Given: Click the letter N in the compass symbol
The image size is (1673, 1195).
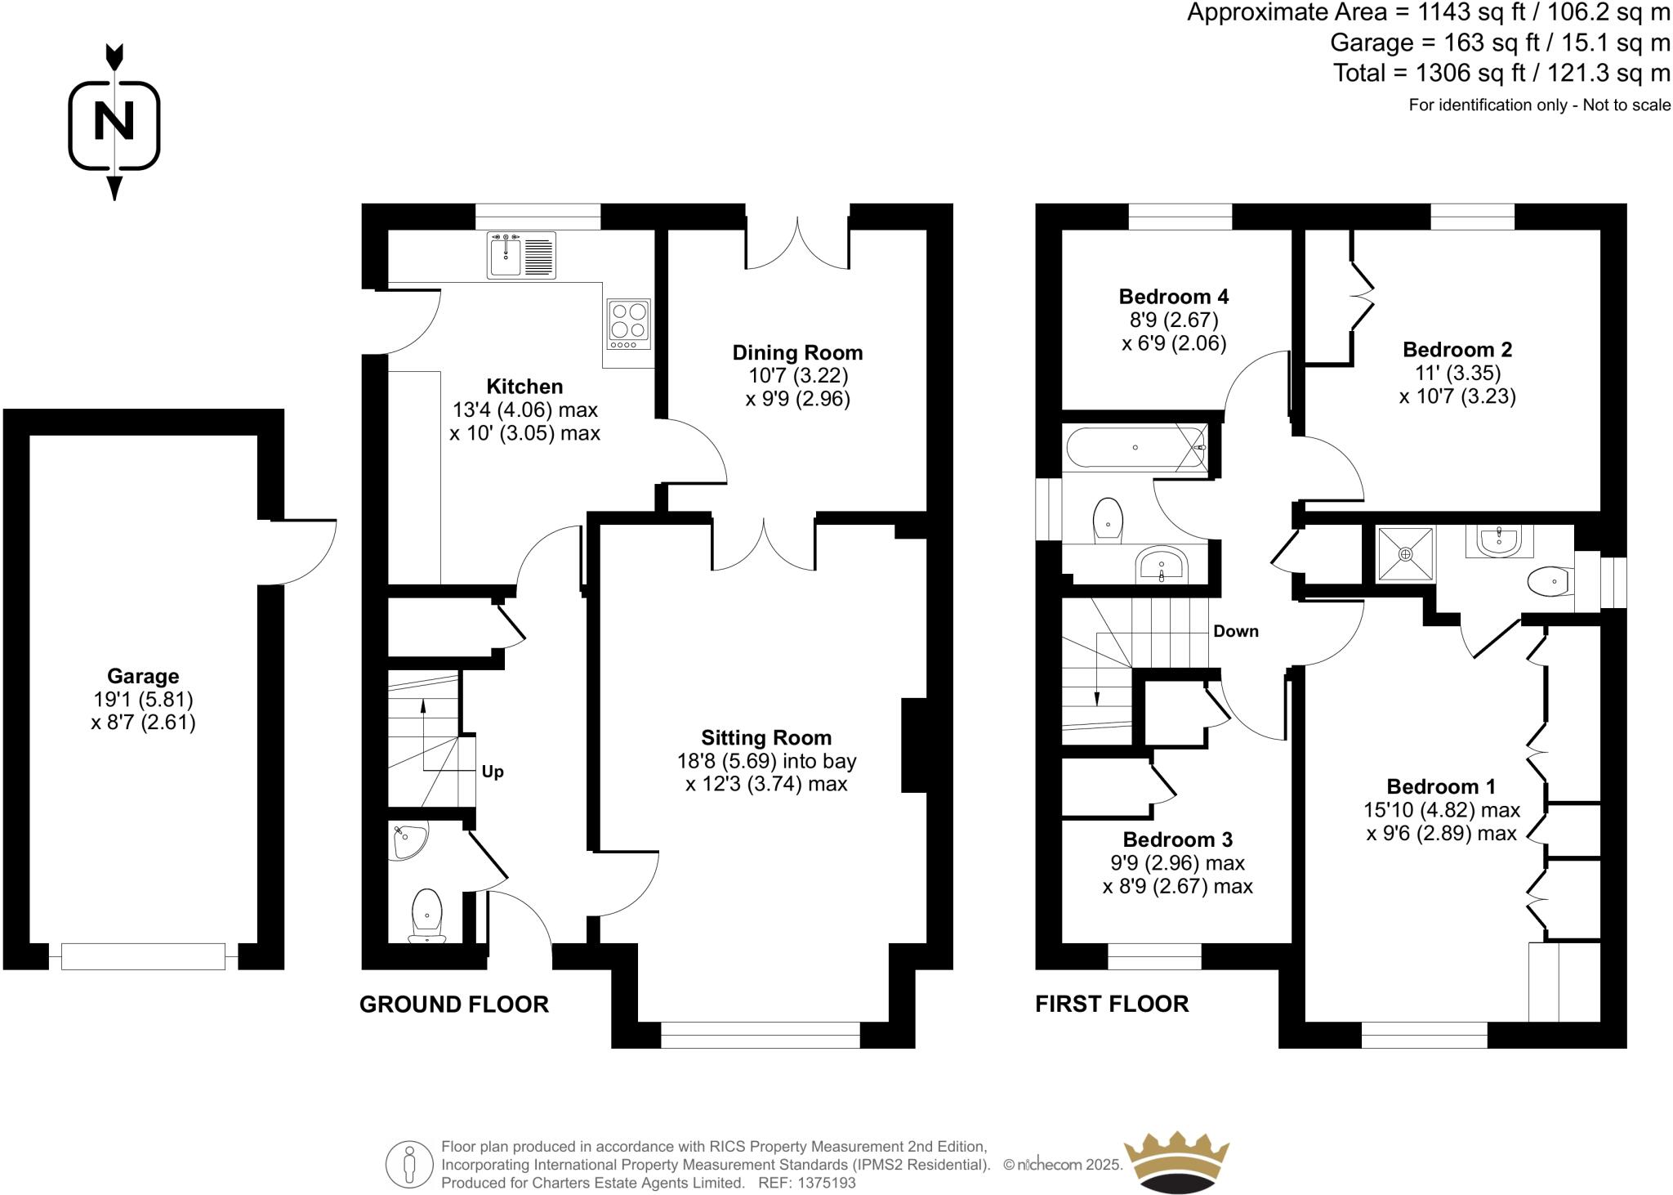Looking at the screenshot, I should point(114,123).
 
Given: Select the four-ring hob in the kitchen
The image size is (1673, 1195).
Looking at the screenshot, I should point(629,320).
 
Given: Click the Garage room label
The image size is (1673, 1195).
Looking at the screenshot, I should point(143,676).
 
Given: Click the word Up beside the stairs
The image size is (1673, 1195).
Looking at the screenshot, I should point(493,772).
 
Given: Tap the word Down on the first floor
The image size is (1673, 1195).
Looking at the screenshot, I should point(1235,631).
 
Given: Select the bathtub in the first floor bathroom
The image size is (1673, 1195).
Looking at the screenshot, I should point(1135,447).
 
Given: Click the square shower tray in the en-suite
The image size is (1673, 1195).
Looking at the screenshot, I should point(1405,554).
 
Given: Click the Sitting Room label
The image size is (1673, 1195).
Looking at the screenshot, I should point(766,738).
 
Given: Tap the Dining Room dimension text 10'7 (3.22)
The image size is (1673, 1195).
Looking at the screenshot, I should point(798,375).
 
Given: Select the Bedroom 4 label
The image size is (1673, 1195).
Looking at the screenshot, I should point(1173,296).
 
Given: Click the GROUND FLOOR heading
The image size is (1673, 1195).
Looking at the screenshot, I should point(454,1005).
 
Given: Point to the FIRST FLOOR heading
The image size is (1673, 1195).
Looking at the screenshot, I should point(1112,1004).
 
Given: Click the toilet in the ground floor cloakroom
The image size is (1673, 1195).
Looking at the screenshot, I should point(427,912).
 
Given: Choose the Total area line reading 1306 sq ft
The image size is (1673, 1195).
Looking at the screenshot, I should point(1501,74).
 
